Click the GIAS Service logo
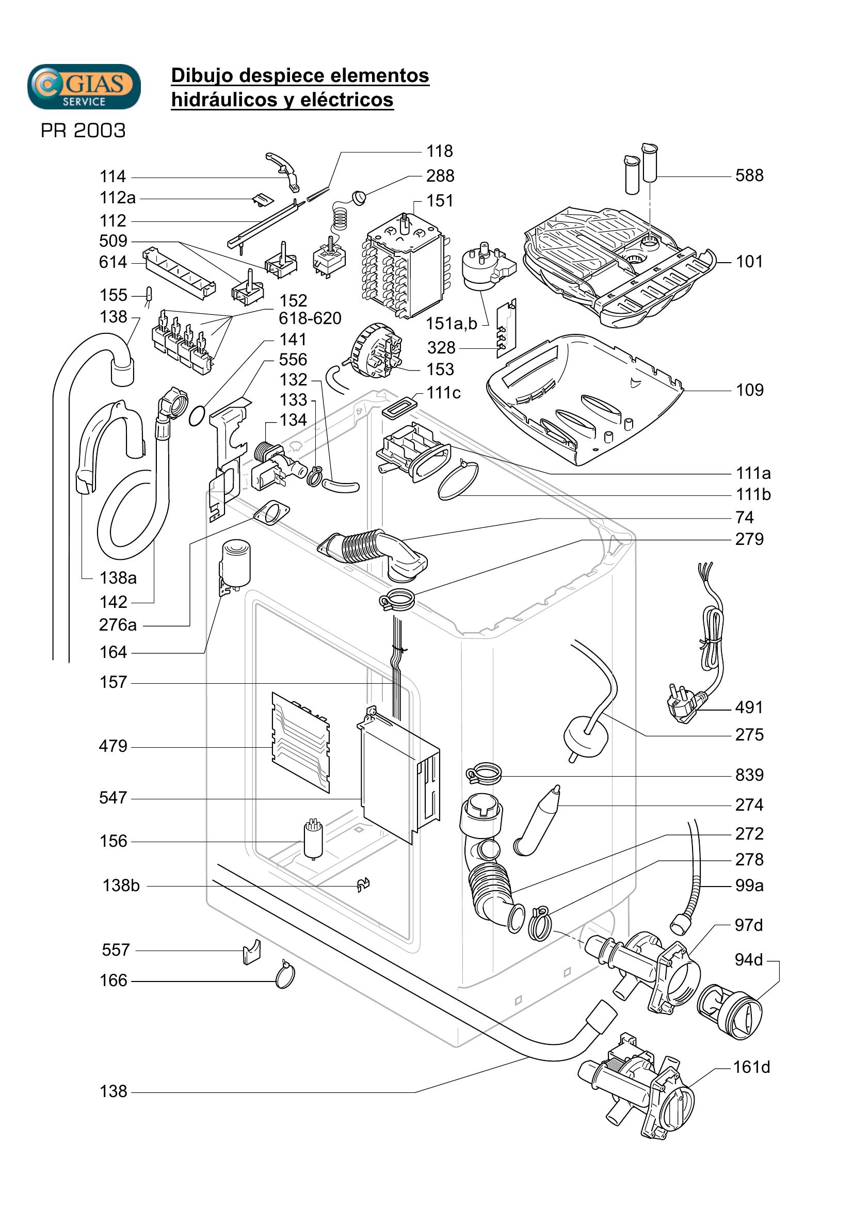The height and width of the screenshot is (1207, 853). coord(84,87)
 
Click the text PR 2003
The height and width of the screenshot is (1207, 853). coord(83,131)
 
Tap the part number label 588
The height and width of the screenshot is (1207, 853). coord(749,175)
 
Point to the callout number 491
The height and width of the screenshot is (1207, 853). coord(749,707)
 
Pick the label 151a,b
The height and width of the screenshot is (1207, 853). coord(452,324)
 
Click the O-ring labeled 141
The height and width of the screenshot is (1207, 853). coord(197,416)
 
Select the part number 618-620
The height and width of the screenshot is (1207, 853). coord(310,318)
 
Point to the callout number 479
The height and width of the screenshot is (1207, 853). coord(113,746)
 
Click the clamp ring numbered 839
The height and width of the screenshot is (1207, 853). coord(484,774)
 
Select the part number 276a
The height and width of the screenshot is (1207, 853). coord(118,624)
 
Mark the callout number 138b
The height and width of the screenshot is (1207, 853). coord(121,886)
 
